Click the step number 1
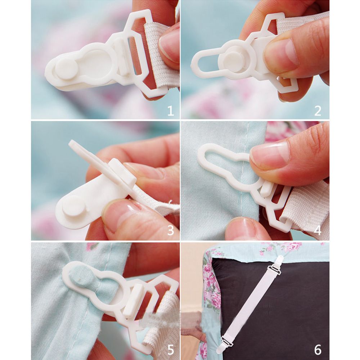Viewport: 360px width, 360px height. click(170, 111)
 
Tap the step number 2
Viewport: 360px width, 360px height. click(318, 111)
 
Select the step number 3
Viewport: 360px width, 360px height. click(170, 230)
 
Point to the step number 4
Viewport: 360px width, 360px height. click(318, 230)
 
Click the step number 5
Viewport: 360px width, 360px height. click(170, 349)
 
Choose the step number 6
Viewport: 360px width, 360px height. click(318, 349)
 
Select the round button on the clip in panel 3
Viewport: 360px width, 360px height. click(74, 207)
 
